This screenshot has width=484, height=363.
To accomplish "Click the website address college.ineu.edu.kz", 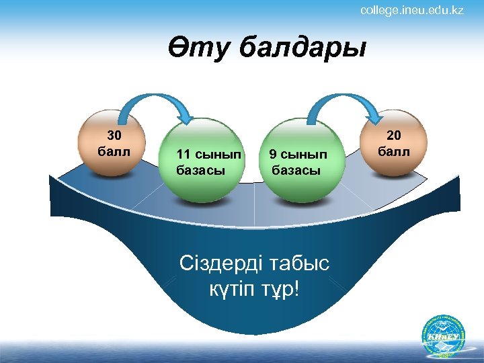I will (411, 11).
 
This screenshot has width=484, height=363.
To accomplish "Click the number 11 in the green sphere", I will (184, 155).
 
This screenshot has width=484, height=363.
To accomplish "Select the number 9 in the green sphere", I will (273, 155).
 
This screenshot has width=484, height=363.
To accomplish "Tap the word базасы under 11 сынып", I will (200, 170).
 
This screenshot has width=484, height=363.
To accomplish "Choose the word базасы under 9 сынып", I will (296, 170).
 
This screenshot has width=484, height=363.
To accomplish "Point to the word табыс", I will (300, 263).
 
